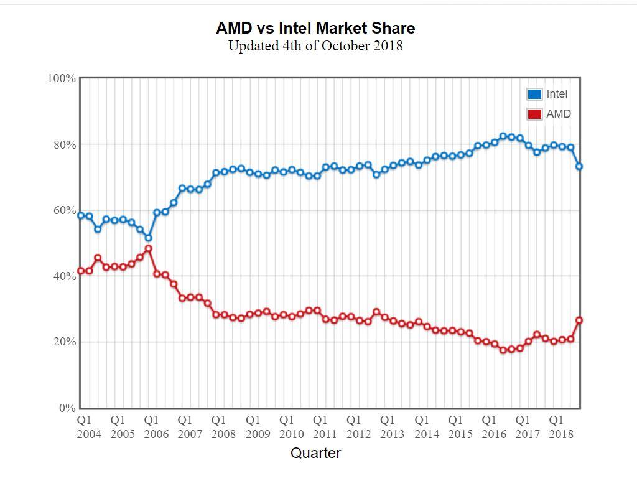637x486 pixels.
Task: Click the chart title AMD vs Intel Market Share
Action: [315, 28]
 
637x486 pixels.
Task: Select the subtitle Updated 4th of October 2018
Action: [315, 46]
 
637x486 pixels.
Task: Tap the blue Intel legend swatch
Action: [534, 94]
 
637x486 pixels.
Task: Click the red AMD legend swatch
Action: [534, 114]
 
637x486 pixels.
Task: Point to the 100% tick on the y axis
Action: [62, 78]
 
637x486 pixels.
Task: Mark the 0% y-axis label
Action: [67, 408]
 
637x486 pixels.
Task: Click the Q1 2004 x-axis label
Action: [88, 427]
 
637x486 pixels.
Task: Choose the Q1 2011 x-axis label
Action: [324, 427]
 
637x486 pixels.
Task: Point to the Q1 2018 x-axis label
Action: [560, 427]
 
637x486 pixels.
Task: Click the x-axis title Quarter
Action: [315, 453]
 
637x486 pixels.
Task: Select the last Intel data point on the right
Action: [579, 166]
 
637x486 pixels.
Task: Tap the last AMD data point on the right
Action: [579, 320]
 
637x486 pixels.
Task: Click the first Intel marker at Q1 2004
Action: [81, 215]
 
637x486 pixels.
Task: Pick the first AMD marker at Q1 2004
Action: [81, 271]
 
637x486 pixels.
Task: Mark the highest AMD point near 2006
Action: [148, 249]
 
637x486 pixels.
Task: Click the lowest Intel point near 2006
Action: [148, 238]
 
